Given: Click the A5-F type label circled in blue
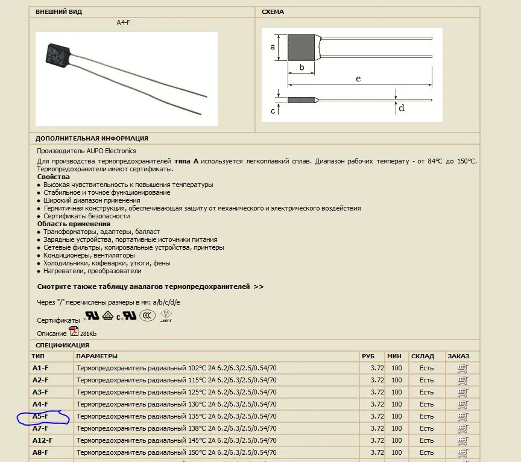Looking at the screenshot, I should click(40, 416).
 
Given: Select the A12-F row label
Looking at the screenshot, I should click(42, 440).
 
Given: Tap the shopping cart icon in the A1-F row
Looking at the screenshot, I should click(463, 368).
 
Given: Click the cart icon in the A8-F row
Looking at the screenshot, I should click(463, 452).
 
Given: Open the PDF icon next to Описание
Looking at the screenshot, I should click(74, 332).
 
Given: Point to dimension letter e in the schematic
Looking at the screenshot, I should click(358, 79).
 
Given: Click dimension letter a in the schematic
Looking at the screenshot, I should click(273, 46).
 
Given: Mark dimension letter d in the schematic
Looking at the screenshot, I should click(401, 109).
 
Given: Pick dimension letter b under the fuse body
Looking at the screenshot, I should click(302, 67).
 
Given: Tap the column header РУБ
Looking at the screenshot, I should click(368, 356).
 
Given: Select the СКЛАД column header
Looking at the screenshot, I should click(423, 356).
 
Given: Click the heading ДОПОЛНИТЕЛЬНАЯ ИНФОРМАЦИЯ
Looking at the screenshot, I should click(92, 138).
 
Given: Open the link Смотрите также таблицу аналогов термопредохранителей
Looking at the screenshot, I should click(150, 287).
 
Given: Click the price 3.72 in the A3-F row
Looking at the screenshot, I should click(377, 392).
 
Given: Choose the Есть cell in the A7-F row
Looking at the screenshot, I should click(426, 428).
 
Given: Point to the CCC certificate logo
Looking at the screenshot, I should click(147, 315).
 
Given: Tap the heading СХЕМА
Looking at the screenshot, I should click(273, 12).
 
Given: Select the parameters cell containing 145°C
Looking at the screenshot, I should click(177, 440).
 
